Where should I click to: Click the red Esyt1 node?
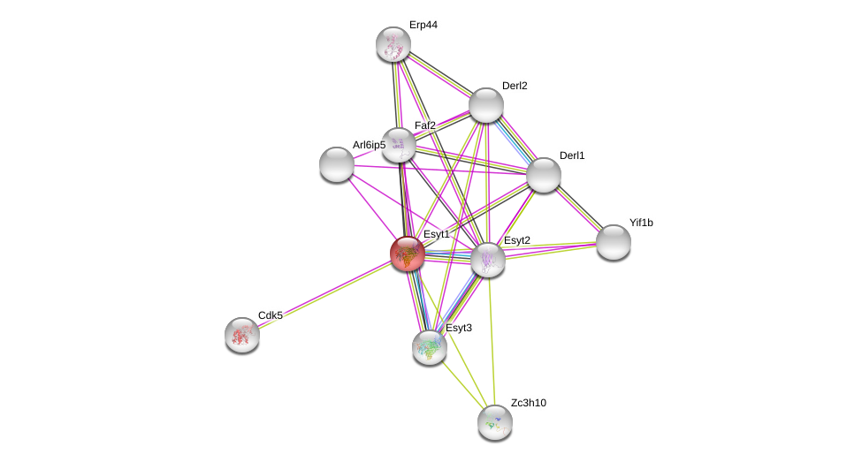click(x=408, y=254)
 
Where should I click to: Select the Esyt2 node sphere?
click(x=488, y=260)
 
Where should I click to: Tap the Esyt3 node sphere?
click(x=430, y=347)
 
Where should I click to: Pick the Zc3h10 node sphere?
click(x=495, y=421)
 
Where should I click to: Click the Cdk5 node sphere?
click(x=242, y=335)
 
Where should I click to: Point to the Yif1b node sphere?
click(x=614, y=241)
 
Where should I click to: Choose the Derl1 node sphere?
click(x=544, y=174)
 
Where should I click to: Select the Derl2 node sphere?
click(x=486, y=105)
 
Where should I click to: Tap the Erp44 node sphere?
click(x=393, y=44)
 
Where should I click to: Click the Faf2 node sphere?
click(x=399, y=145)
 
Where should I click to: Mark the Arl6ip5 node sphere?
click(x=337, y=164)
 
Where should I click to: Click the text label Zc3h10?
click(x=529, y=403)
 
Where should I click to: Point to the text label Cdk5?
click(x=271, y=315)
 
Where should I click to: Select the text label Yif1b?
click(x=641, y=223)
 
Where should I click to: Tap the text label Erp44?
click(x=423, y=25)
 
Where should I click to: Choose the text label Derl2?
click(x=515, y=86)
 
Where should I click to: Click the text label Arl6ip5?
click(x=369, y=145)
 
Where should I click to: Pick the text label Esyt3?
click(x=458, y=328)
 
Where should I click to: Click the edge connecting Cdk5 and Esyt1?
click(x=324, y=294)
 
